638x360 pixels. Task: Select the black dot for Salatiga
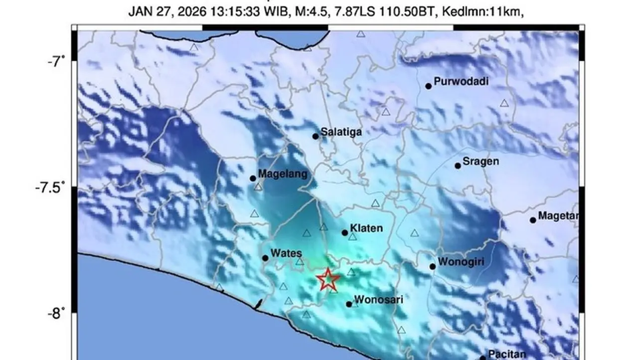pyautogui.click(x=316, y=136)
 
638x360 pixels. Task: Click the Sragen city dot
pyautogui.click(x=458, y=166)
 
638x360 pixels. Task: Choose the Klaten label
pyautogui.click(x=366, y=228)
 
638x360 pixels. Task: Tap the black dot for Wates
pyautogui.click(x=265, y=258)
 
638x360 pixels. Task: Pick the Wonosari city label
pyautogui.click(x=378, y=300)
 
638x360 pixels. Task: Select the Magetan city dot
pyautogui.click(x=533, y=220)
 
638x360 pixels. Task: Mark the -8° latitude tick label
pyautogui.click(x=56, y=313)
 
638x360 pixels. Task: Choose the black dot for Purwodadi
pyautogui.click(x=428, y=86)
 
